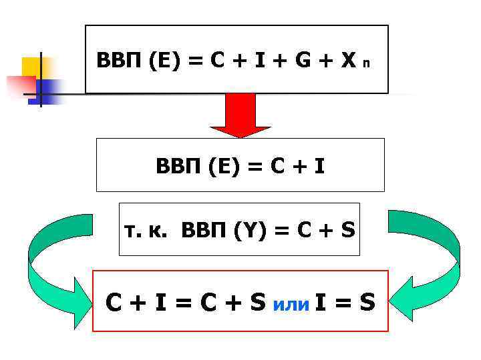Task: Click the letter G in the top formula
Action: click(x=303, y=61)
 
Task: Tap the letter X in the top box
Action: click(x=347, y=61)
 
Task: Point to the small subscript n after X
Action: click(x=365, y=65)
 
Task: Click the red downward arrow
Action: click(x=240, y=115)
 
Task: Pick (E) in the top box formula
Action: click(x=165, y=61)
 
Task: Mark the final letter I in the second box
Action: click(x=320, y=165)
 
